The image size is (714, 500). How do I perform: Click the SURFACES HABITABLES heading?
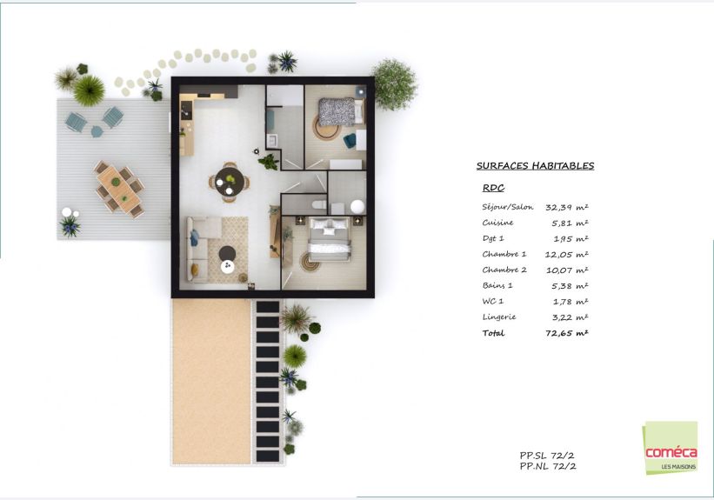(x=535, y=166)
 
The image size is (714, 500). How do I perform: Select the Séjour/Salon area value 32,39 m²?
(x=567, y=207)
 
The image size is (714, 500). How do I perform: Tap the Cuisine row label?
(x=497, y=223)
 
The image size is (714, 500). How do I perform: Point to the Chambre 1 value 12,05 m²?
(x=566, y=255)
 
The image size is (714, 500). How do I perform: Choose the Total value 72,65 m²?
(x=567, y=333)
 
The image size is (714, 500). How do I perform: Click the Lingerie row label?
(x=499, y=317)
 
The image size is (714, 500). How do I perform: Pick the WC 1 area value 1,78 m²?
(x=571, y=302)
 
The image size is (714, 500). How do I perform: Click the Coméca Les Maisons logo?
(x=671, y=448)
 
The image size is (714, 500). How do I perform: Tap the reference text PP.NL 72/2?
(x=548, y=466)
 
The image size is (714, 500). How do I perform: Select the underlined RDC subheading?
(x=493, y=188)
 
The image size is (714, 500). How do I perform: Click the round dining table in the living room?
(x=230, y=181)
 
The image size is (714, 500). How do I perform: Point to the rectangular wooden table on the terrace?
(x=119, y=189)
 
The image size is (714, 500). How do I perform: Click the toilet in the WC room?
(x=320, y=203)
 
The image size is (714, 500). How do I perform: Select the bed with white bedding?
(x=330, y=238)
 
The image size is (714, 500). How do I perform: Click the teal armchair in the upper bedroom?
(x=350, y=140)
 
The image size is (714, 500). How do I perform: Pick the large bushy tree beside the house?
(x=394, y=84)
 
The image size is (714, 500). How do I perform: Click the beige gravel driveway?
(x=211, y=381)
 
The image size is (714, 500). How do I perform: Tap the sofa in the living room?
(x=202, y=248)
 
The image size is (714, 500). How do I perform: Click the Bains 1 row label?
(x=497, y=285)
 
